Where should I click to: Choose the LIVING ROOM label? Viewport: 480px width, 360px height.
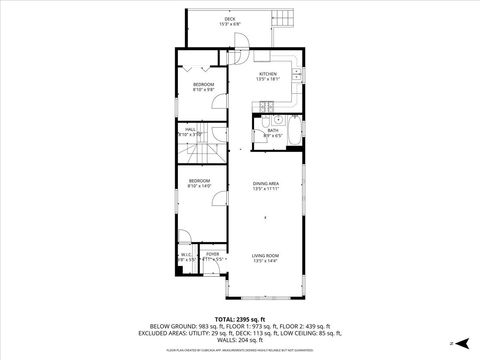tap(265, 257)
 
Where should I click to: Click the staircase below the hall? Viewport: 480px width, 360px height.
tap(199, 154)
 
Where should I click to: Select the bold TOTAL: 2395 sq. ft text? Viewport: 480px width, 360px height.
tap(240, 317)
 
